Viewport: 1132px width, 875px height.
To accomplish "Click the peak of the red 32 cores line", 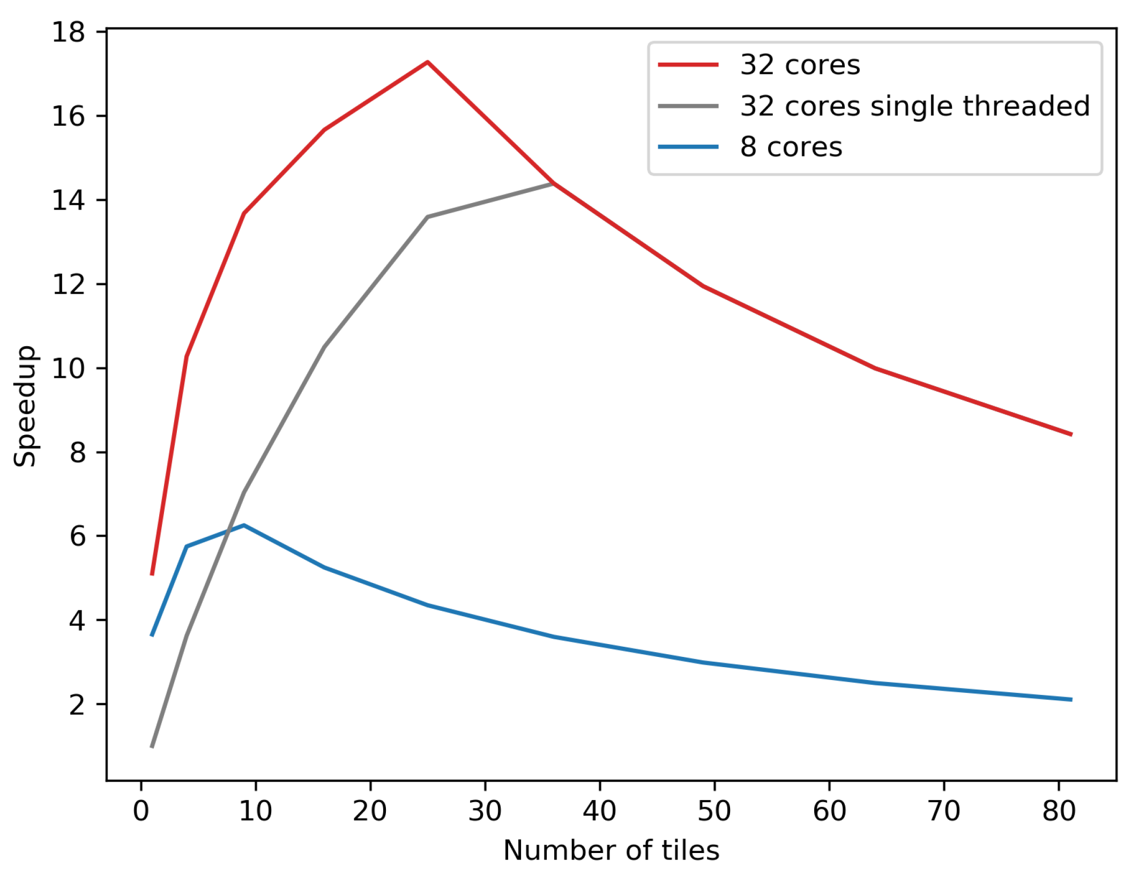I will (427, 62).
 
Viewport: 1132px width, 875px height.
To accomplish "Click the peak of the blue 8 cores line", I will (244, 525).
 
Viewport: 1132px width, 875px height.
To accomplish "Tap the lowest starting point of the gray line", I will (152, 746).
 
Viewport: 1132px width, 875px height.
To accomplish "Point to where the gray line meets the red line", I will (553, 183).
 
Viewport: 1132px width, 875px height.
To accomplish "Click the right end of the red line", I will (1071, 435).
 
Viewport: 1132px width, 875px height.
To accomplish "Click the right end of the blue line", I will (1071, 699).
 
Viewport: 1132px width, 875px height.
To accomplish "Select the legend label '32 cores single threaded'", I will (915, 106).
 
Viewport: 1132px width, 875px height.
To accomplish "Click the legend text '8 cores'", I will (791, 147).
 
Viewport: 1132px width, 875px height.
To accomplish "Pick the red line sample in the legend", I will (688, 65).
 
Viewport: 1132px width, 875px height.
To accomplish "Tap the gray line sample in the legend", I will (688, 106).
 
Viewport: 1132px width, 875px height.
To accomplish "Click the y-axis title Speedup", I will (25, 406).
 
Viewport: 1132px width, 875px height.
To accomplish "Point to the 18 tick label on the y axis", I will (68, 33).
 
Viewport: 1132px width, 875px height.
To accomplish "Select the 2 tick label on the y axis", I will (77, 705).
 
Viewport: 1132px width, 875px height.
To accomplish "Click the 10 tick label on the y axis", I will (68, 369).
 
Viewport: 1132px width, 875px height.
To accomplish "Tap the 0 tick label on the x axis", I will (141, 811).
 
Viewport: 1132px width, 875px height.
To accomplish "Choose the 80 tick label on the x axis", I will (1059, 811).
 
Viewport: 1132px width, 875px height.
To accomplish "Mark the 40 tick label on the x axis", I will (600, 811).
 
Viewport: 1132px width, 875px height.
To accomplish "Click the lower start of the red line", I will (152, 574).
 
